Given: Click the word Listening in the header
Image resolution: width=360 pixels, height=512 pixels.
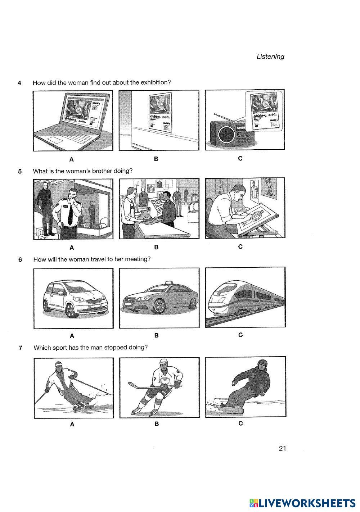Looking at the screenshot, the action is [270, 56].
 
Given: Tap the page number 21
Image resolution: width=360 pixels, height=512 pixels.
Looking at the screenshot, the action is [282, 448].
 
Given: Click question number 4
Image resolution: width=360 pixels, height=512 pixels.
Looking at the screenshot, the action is [19, 83].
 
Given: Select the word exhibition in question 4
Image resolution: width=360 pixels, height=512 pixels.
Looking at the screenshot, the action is [155, 82].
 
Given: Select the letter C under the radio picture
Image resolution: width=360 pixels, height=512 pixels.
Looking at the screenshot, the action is [240, 158].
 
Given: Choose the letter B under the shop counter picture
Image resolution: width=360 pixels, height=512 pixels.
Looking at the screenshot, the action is [156, 247].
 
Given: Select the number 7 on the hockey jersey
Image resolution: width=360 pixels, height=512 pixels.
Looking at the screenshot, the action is [154, 379].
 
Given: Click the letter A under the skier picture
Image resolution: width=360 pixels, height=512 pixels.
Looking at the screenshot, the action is [72, 424].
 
